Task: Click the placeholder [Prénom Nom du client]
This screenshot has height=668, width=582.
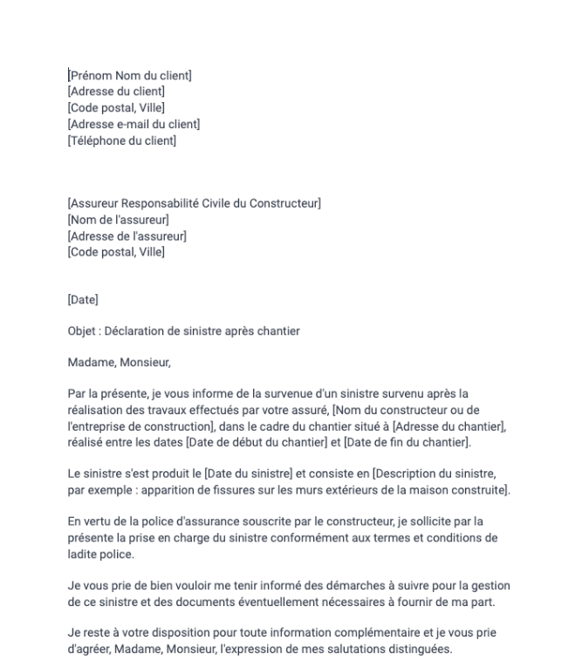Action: [130, 75]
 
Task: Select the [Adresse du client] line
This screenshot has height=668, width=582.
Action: [116, 91]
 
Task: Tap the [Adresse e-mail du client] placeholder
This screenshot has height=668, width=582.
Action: [134, 124]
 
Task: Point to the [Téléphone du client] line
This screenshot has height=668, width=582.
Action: [121, 140]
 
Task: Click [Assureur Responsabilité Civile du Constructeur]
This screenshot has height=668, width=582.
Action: [194, 204]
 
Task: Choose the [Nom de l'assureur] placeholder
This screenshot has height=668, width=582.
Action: [118, 220]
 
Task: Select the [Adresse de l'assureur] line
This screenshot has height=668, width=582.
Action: [127, 236]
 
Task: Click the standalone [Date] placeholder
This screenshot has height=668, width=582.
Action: [83, 300]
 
